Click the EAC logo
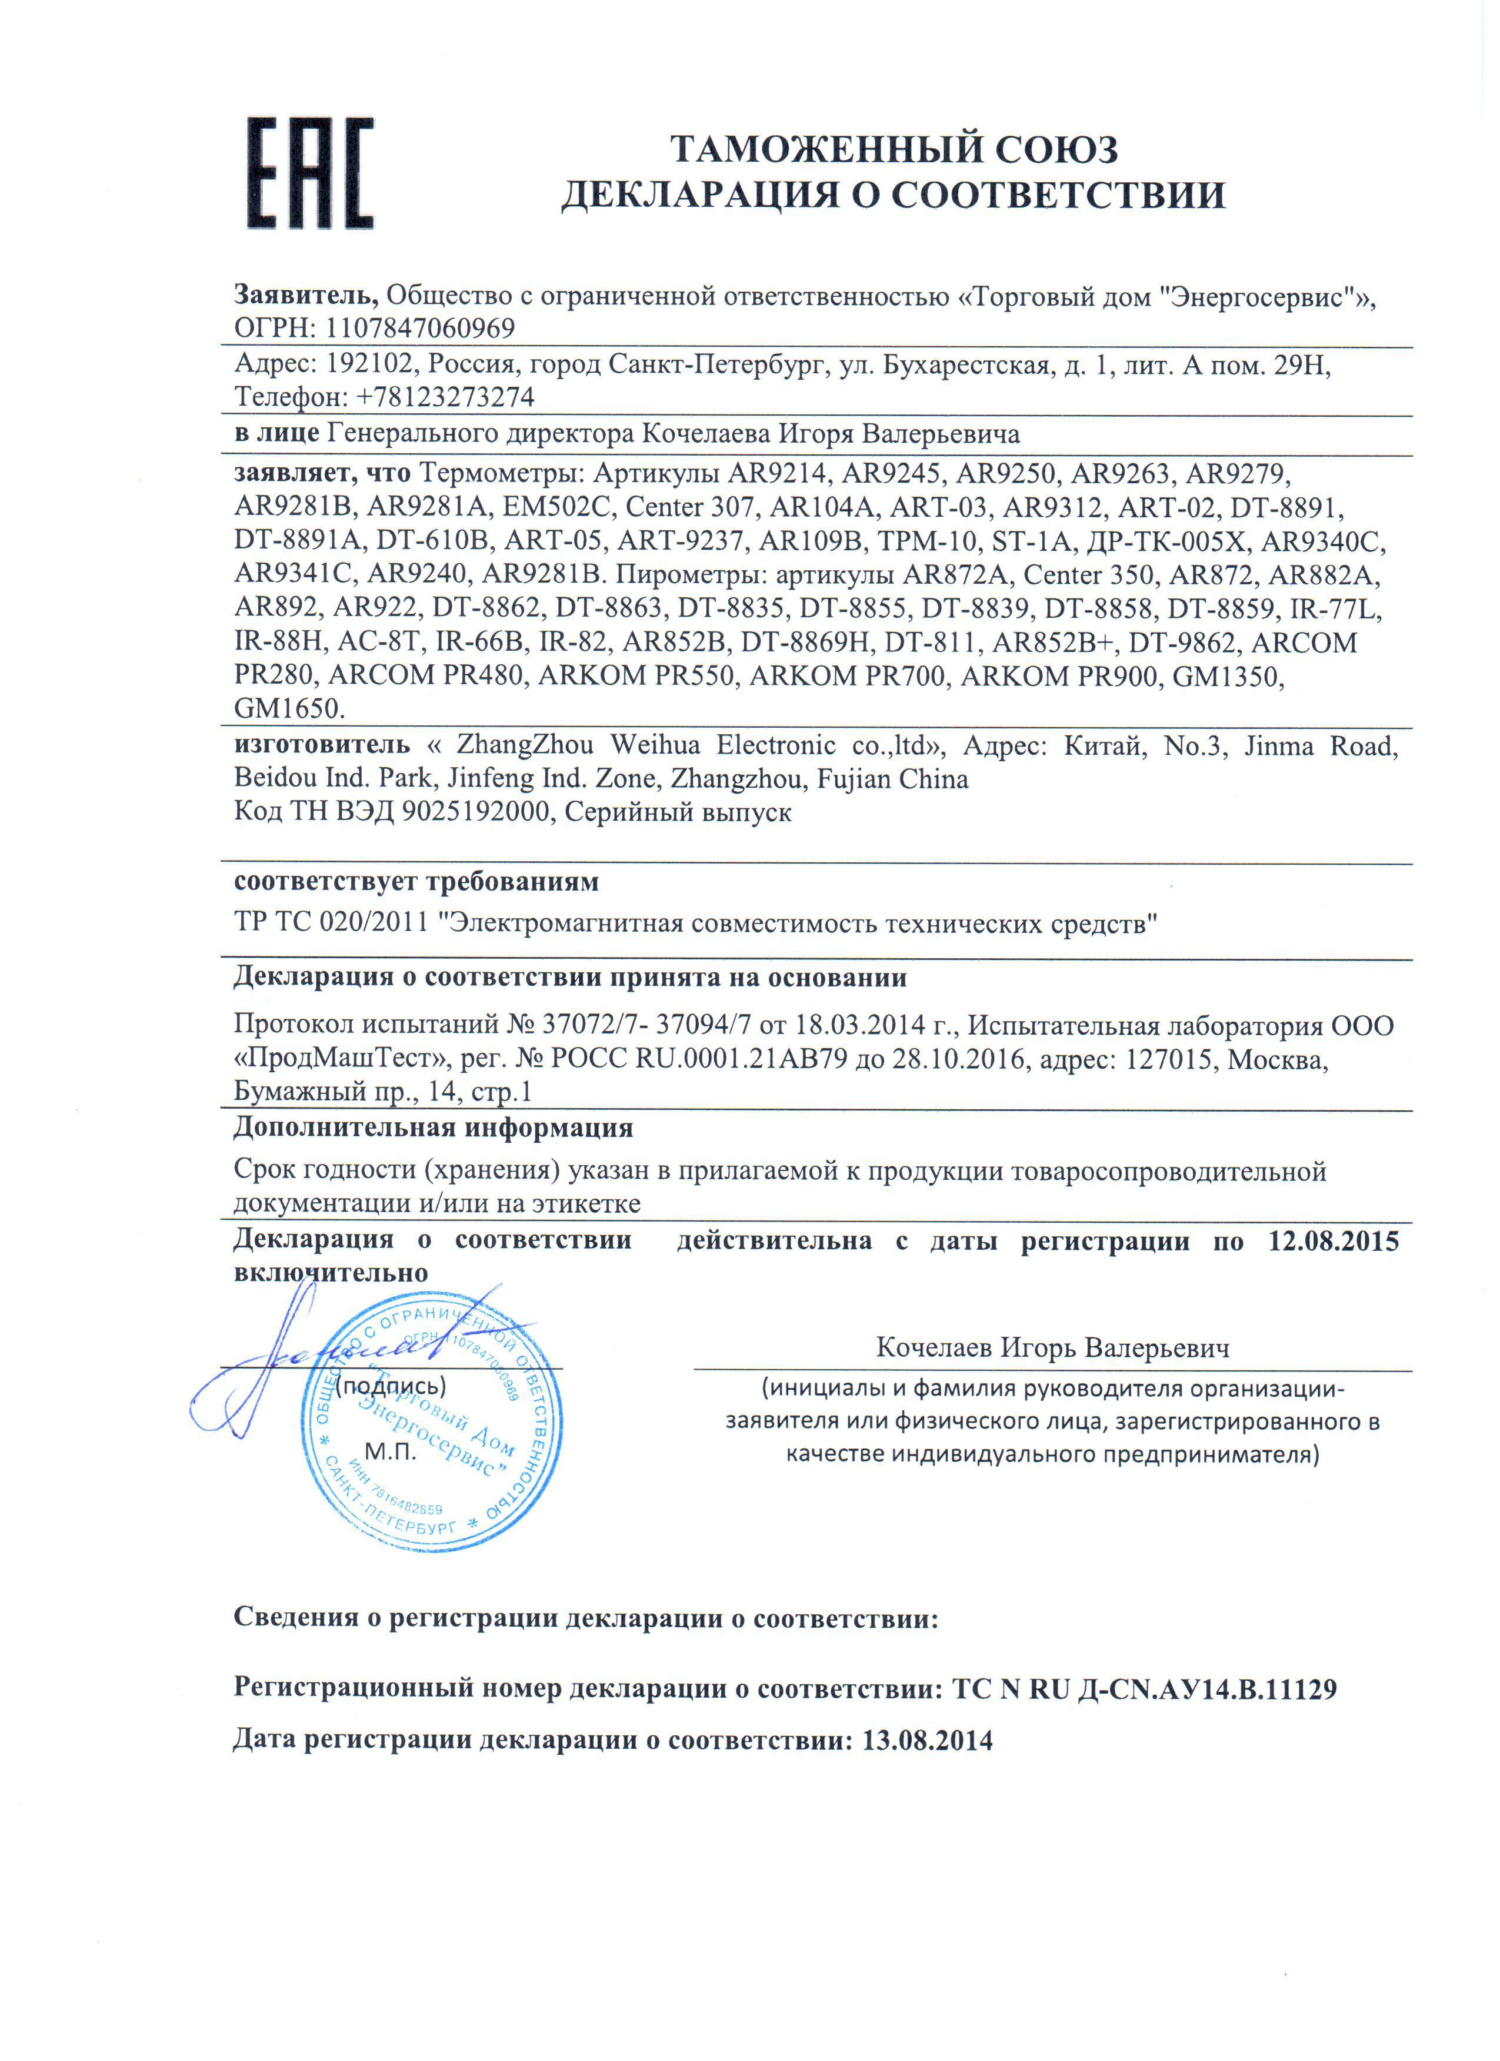pos(310,173)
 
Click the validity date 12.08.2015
pos(1333,1242)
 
